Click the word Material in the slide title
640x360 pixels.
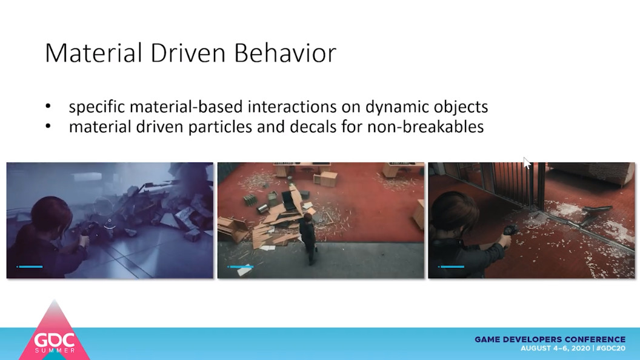94,53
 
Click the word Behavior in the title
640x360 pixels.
285,53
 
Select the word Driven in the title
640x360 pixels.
188,53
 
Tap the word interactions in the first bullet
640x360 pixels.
292,107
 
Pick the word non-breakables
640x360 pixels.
425,127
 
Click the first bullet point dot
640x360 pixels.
48,107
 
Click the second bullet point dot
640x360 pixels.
48,127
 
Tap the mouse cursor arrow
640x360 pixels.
527,163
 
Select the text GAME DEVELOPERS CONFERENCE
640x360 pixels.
550,339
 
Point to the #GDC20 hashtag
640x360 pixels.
611,348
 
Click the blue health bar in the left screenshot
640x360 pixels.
29,267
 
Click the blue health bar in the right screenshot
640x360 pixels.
451,267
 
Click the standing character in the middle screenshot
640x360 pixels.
308,239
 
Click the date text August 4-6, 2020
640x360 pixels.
556,348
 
